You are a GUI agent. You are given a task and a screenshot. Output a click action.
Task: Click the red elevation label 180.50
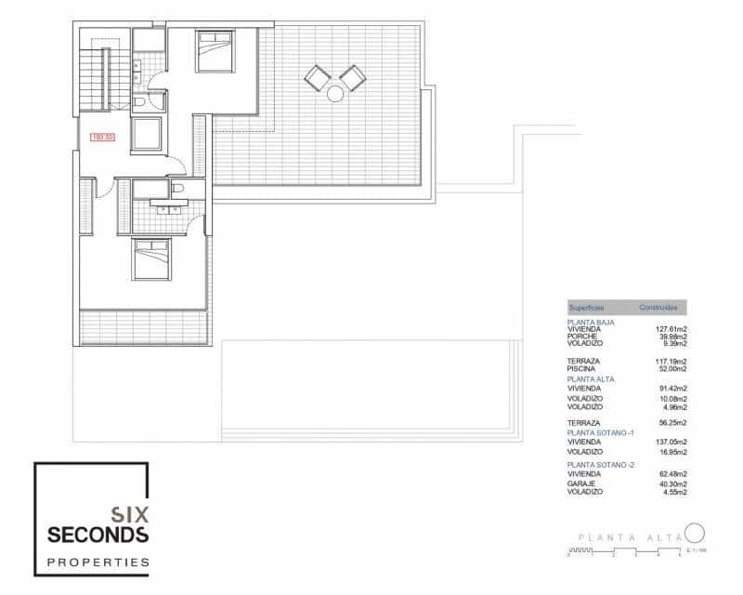102,138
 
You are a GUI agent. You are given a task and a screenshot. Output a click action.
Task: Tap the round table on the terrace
334,93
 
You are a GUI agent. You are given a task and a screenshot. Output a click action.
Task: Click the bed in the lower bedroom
151,258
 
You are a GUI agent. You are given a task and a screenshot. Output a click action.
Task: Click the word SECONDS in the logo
98,535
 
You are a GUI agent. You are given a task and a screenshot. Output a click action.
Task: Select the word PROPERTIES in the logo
98,562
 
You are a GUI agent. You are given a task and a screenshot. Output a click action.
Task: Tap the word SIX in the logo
129,512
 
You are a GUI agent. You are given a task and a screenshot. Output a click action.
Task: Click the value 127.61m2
671,329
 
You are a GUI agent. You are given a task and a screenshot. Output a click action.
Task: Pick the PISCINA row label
583,369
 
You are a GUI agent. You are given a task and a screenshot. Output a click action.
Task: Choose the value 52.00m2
672,369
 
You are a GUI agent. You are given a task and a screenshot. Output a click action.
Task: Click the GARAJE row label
582,483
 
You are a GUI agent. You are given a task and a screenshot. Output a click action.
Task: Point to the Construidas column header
658,307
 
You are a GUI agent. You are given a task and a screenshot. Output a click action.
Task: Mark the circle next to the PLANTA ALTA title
695,534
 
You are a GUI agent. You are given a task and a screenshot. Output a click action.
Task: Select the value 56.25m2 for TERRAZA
672,423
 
